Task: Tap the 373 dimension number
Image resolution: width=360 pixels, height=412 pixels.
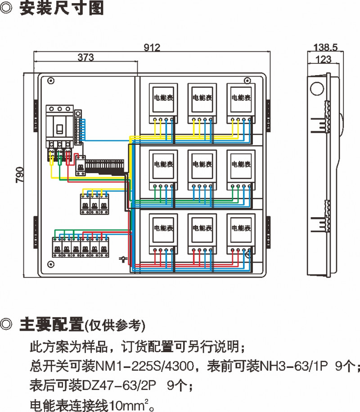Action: (85, 57)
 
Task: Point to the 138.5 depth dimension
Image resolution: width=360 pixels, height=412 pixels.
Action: (325, 47)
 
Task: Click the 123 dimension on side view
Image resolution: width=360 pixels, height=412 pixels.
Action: (324, 59)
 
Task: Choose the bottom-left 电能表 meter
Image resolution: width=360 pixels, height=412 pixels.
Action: (163, 233)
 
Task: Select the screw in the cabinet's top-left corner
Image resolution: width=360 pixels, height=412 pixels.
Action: (51, 81)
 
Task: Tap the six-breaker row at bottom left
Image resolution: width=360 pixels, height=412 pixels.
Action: (81, 247)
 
